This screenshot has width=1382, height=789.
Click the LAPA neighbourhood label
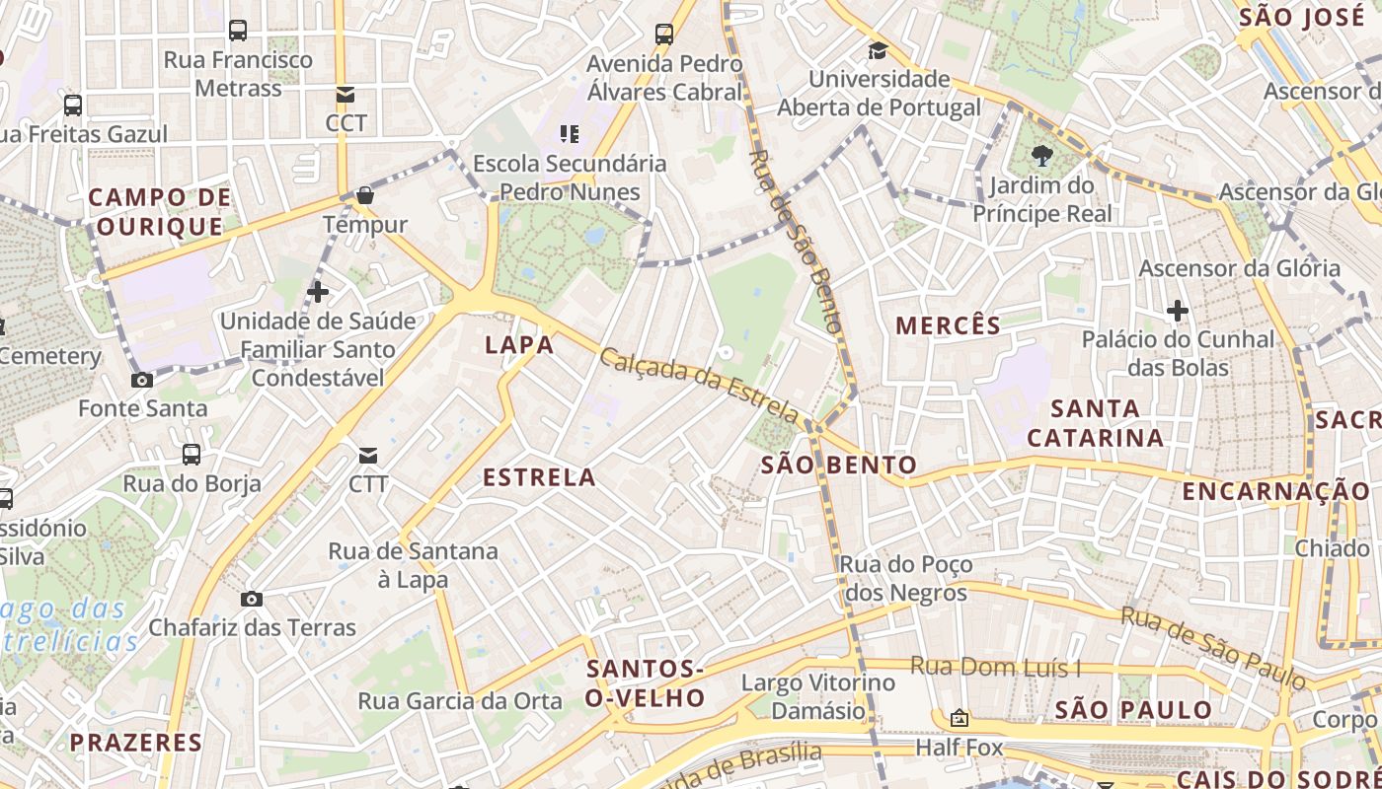pos(519,344)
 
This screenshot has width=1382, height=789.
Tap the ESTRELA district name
pos(539,477)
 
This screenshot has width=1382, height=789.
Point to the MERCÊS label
pos(948,324)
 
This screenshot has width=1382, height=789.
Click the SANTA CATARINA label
pos(1096,422)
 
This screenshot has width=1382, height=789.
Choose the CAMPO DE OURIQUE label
pos(160,212)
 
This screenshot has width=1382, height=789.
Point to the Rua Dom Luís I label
pos(995,668)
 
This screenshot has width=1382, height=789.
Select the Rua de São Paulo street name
pos(1212,647)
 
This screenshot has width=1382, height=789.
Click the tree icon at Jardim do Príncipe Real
pos(1041,155)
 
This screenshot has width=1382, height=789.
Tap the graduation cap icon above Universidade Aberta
pos(878,50)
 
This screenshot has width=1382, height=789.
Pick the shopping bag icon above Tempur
pos(365,195)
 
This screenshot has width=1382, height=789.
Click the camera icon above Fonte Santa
pos(142,380)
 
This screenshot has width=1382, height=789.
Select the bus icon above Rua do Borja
pos(192,455)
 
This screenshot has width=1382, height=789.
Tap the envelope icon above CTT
pos(368,455)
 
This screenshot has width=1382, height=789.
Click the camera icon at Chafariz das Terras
pos(252,599)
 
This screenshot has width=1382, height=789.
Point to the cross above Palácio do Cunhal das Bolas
pos(1177,311)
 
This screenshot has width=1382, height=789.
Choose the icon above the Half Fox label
pos(959,718)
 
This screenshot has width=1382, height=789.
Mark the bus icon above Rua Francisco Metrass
pos(238,31)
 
